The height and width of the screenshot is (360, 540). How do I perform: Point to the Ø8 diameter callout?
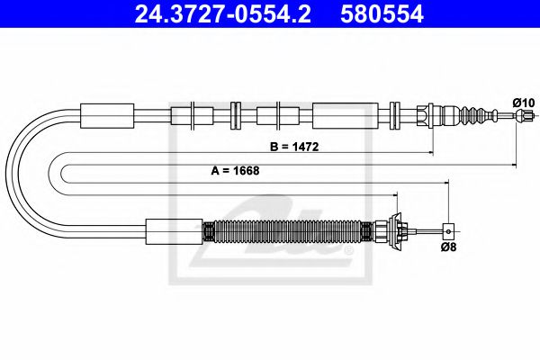click(447, 247)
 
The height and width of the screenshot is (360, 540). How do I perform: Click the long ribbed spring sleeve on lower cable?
click(288, 231)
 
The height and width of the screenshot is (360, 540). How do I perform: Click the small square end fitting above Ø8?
click(447, 231)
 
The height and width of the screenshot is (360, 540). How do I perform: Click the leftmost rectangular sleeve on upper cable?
click(107, 115)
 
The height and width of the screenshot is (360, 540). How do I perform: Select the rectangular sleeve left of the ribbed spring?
click(174, 231)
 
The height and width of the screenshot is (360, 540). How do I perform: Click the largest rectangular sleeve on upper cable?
click(339, 115)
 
